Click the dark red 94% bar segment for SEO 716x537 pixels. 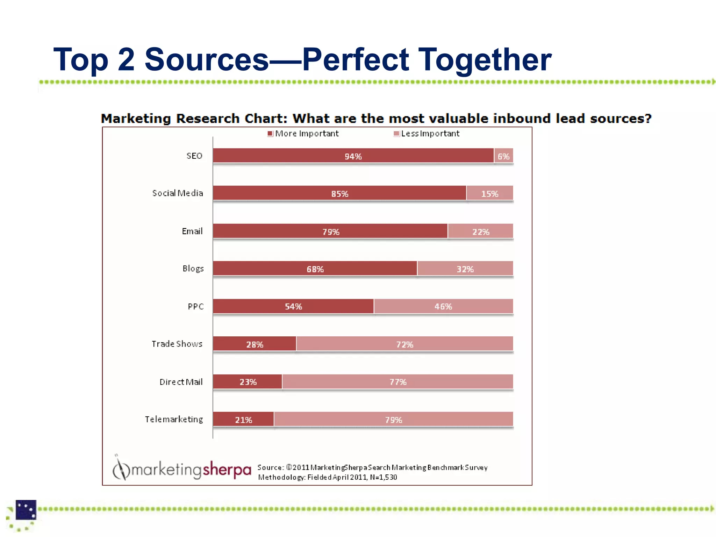coord(353,156)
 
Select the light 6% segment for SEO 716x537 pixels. coord(503,156)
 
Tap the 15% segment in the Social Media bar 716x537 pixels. coord(489,193)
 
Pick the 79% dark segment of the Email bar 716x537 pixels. coord(330,231)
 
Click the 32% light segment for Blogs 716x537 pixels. coord(465,268)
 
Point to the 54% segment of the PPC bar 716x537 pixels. coord(293,306)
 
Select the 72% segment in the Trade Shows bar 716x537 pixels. coord(404,344)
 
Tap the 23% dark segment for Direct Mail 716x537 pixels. coord(248,382)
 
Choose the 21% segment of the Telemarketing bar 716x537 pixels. coord(243,419)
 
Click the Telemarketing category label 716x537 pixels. coord(174,419)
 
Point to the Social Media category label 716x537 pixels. coord(178,193)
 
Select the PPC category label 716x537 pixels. coord(195,307)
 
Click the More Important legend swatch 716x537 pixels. coord(270,134)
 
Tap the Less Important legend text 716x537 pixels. coord(430,134)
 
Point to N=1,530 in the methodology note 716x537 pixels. coord(384,477)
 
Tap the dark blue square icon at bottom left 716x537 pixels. coord(26,510)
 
